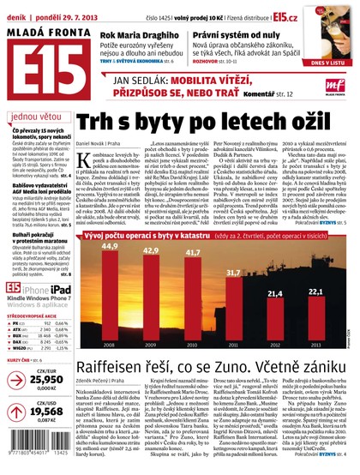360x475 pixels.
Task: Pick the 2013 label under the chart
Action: click(x=315, y=346)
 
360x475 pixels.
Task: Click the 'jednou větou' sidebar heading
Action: click(x=35, y=117)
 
